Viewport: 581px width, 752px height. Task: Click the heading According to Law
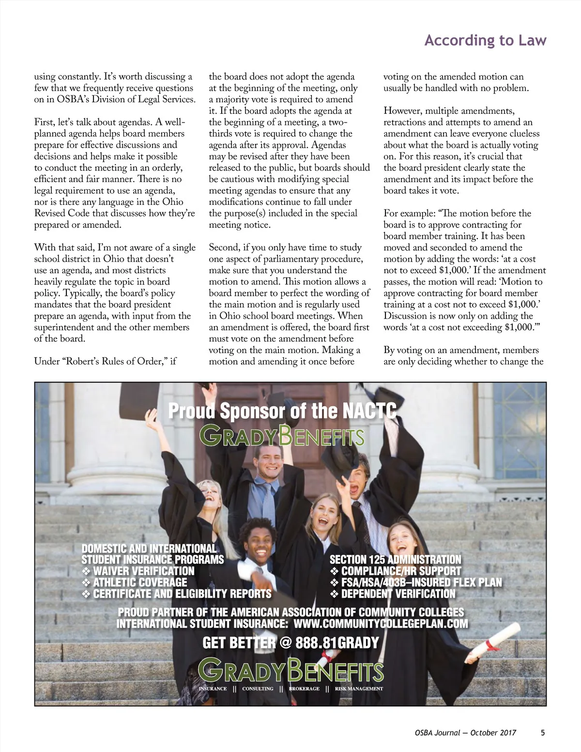point(485,41)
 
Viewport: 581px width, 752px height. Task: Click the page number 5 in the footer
point(543,733)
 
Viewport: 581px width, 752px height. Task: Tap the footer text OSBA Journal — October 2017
point(462,733)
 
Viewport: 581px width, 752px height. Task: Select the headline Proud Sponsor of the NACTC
point(282,411)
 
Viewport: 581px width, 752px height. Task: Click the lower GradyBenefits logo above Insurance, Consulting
point(291,671)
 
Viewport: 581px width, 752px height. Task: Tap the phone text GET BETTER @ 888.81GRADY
point(290,643)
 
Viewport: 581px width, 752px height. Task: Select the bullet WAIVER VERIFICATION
point(143,571)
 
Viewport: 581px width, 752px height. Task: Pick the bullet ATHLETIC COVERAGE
point(139,582)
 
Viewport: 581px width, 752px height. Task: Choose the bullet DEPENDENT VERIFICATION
point(398,594)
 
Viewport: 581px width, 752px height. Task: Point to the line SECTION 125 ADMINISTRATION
point(395,560)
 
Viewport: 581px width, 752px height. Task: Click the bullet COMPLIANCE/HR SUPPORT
point(401,571)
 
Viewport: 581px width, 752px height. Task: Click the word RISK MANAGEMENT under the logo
point(358,689)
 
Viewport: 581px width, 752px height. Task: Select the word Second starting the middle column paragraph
point(224,247)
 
